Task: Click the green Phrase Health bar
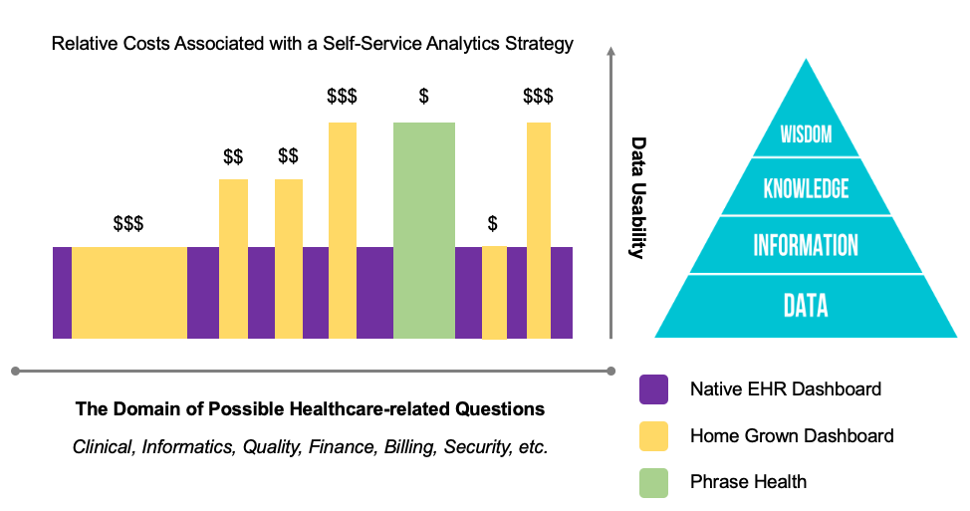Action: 424,230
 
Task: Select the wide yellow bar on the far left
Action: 128,292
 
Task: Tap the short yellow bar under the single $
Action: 494,292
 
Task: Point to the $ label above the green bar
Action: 424,97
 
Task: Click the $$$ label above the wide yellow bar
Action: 128,223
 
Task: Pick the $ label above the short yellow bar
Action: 492,223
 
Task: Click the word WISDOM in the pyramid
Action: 806,134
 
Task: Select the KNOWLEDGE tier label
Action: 806,188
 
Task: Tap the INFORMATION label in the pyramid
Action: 806,245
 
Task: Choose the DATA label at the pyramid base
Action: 806,305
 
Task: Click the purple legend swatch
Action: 654,389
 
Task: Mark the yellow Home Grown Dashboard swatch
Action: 654,436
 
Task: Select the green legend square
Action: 654,482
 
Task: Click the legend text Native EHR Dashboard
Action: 786,389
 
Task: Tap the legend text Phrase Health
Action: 748,482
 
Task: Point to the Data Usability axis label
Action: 638,197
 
